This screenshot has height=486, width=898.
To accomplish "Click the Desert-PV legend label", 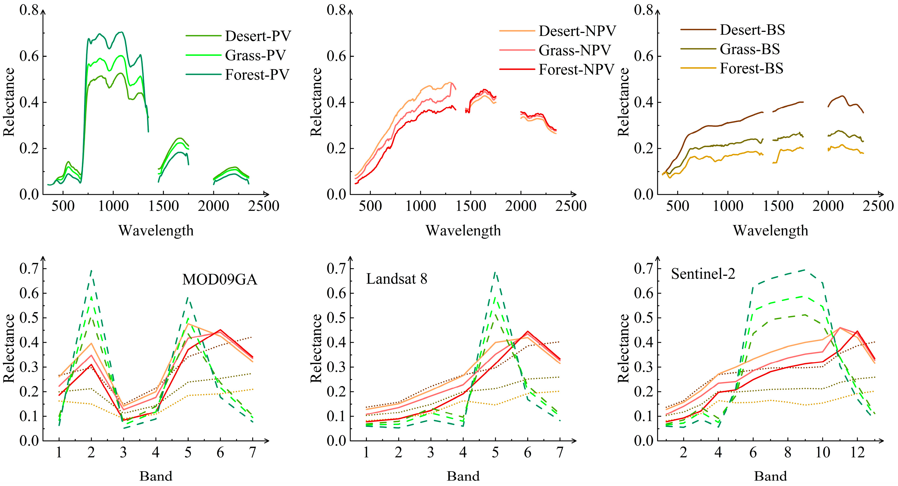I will pyautogui.click(x=258, y=36).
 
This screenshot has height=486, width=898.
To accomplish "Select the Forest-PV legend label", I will pyautogui.click(x=257, y=75).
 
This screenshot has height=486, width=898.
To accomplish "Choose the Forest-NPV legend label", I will pyautogui.click(x=576, y=70).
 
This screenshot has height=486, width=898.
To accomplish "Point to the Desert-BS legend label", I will pyautogui.click(x=752, y=30).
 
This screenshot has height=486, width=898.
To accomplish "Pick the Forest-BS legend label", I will pyautogui.click(x=751, y=68).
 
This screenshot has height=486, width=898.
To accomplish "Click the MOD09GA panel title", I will pyautogui.click(x=220, y=280).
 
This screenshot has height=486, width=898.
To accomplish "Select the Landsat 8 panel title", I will pyautogui.click(x=396, y=279).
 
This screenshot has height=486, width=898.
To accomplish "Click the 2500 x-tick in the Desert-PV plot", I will pyautogui.click(x=263, y=206).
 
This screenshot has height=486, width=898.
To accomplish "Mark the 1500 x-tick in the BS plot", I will pyautogui.click(x=778, y=206).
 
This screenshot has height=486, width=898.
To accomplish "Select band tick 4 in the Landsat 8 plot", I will pyautogui.click(x=463, y=452).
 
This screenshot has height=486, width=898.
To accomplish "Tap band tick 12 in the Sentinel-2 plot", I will pyautogui.click(x=857, y=452).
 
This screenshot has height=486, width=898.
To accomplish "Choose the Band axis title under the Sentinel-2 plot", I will pyautogui.click(x=770, y=476).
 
